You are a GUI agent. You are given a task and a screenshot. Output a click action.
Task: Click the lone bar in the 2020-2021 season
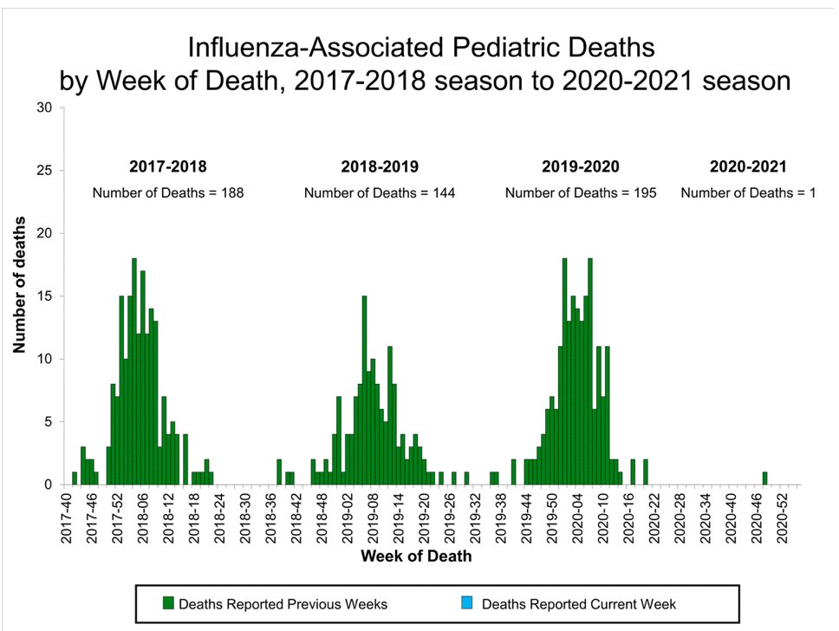click(764, 478)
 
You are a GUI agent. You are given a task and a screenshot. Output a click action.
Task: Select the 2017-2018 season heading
click(168, 166)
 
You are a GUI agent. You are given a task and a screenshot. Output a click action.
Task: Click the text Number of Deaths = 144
click(379, 192)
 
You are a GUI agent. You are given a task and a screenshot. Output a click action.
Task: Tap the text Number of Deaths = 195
click(580, 192)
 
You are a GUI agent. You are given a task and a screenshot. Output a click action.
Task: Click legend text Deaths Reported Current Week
click(578, 603)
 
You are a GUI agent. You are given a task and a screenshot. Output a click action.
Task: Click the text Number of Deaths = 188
click(168, 192)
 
